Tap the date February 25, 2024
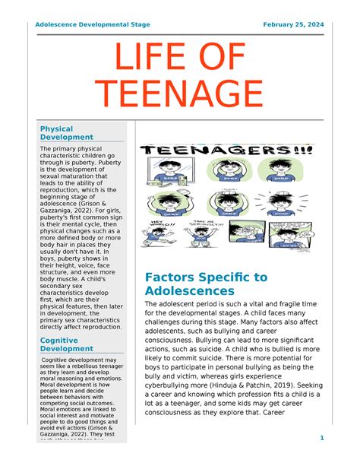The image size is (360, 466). click(x=293, y=25)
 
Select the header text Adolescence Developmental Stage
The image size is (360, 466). click(x=92, y=25)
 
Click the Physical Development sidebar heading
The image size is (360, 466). click(x=67, y=133)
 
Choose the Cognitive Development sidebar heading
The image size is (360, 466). click(x=67, y=344)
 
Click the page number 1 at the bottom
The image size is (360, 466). click(x=321, y=438)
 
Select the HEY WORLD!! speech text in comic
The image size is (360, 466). click(x=154, y=226)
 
